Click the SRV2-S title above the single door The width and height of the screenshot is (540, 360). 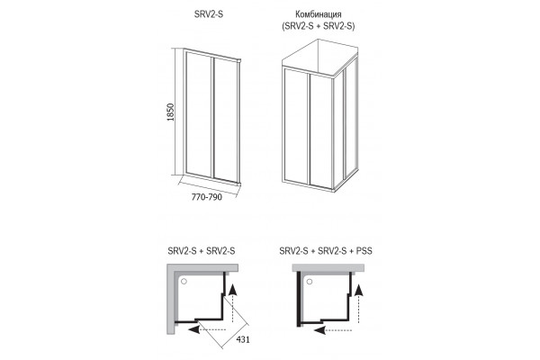coord(209,14)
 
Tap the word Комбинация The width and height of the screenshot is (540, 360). coord(319,14)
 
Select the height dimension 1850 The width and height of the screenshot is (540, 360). coord(170,112)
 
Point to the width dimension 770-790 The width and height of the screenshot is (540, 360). coord(207,197)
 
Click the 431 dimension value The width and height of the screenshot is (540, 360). coord(243,339)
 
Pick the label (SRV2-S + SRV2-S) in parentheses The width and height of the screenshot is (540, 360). coord(319,26)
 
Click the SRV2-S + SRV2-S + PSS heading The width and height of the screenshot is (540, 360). coord(326,251)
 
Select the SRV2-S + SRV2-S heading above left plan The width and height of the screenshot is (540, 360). coord(202,251)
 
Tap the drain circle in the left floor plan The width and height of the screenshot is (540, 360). coord(184,282)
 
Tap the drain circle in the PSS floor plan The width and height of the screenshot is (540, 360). coord(310,282)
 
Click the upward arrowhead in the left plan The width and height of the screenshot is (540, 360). coord(233,290)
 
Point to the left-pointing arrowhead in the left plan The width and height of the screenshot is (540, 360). coord(194,329)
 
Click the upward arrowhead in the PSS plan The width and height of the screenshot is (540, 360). coord(359,290)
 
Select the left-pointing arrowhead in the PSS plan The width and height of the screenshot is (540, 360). coord(319,330)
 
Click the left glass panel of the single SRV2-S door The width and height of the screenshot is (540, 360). coord(199,114)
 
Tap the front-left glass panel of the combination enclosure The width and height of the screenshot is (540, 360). coord(296,126)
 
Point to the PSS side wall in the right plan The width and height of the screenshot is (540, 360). coord(298,299)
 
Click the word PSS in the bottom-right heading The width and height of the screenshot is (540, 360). coord(364,251)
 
